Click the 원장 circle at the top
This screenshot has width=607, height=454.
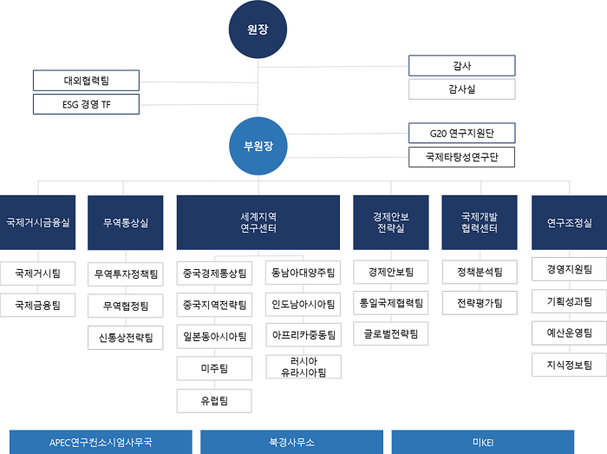[x=258, y=30]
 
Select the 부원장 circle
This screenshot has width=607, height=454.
[x=258, y=146]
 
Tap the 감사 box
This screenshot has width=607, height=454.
[x=462, y=65]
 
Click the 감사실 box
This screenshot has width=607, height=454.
[x=462, y=89]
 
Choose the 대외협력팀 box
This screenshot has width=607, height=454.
[x=86, y=81]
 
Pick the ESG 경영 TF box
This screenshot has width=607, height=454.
[x=86, y=104]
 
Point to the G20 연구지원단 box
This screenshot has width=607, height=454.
[x=462, y=134]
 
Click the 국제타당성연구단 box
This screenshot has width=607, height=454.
[x=462, y=157]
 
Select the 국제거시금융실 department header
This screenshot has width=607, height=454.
[x=37, y=222]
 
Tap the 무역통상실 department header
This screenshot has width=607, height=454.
[x=126, y=222]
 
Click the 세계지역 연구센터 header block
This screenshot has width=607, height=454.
[x=258, y=222]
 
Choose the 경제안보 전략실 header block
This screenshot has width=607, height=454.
[x=391, y=222]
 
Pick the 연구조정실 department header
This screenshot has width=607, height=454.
[x=569, y=222]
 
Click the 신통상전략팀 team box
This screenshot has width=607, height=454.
[x=126, y=338]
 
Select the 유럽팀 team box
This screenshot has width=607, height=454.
[x=214, y=401]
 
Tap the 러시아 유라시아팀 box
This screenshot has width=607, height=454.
[x=303, y=367]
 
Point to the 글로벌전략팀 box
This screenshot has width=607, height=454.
[x=390, y=333]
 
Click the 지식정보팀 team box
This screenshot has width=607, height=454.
[x=569, y=365]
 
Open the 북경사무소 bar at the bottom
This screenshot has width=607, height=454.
[x=291, y=442]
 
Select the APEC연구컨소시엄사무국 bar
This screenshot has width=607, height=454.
[x=101, y=442]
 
